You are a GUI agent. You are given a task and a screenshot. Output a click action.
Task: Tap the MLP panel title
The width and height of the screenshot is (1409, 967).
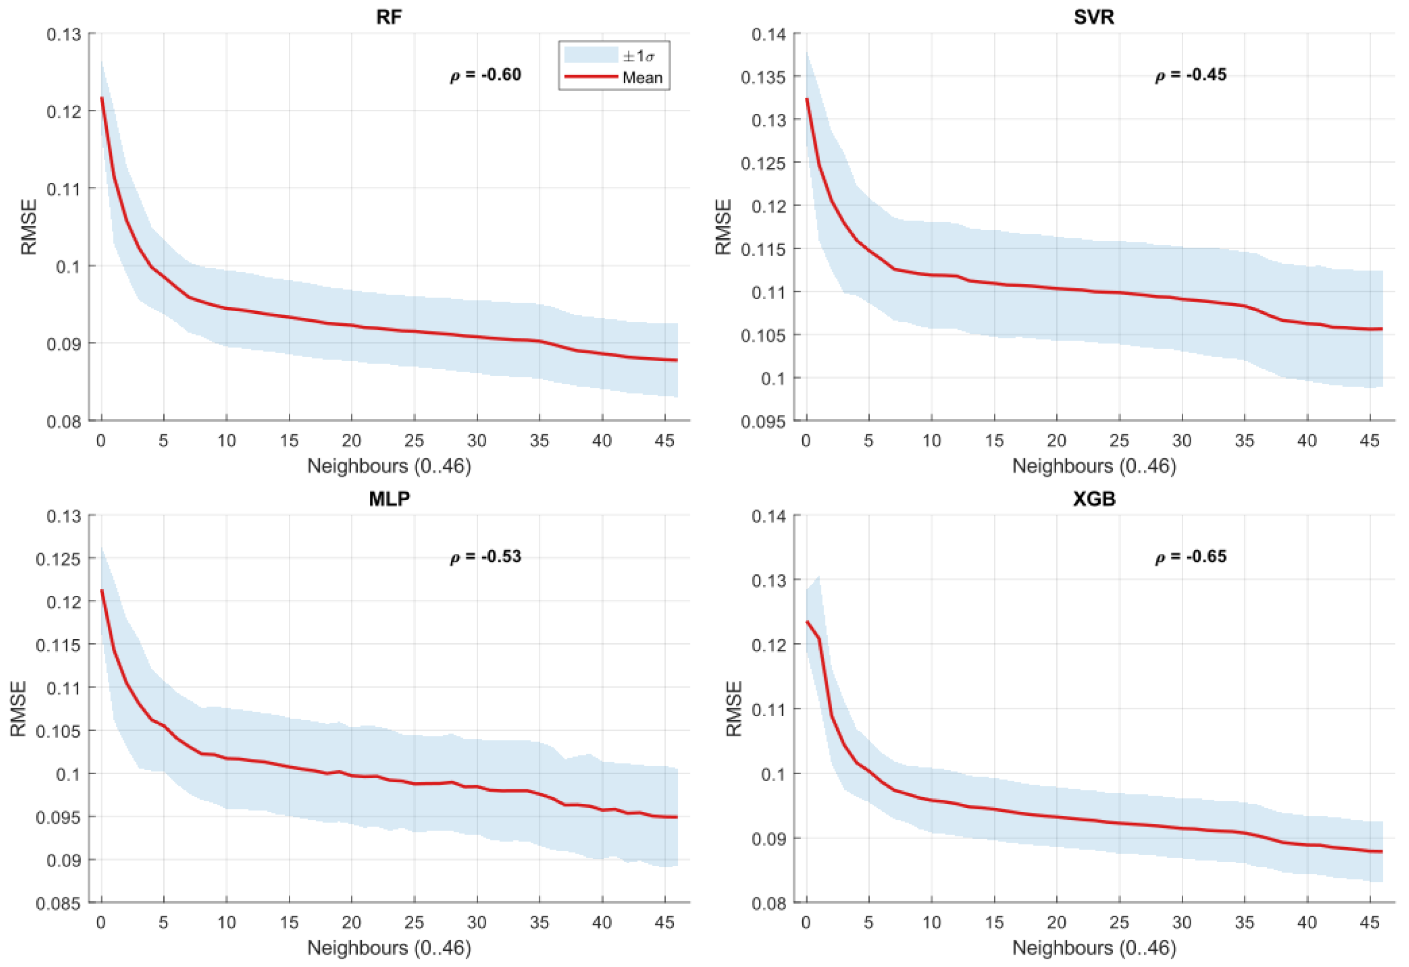click(x=389, y=499)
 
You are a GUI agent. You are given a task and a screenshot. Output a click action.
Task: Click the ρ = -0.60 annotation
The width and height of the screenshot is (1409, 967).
click(x=486, y=75)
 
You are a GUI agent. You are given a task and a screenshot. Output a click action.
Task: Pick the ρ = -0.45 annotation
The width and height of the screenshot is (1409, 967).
click(x=1190, y=75)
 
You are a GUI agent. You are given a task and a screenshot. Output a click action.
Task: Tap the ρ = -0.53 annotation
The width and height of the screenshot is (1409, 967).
click(x=486, y=557)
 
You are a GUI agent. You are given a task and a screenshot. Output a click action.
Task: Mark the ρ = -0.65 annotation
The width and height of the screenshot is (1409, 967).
click(x=1190, y=557)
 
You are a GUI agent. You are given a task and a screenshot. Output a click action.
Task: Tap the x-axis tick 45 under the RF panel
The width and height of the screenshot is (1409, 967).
click(x=665, y=441)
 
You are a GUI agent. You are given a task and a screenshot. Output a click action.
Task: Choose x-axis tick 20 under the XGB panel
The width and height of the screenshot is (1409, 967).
click(x=1056, y=922)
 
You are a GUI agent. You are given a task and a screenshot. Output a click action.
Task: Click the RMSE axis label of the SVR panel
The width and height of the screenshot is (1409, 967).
click(x=723, y=227)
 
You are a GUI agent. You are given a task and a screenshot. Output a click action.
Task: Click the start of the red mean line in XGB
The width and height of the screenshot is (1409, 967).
click(x=807, y=621)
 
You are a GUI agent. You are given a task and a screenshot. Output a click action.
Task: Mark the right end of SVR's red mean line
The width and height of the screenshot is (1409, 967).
click(x=1382, y=329)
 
